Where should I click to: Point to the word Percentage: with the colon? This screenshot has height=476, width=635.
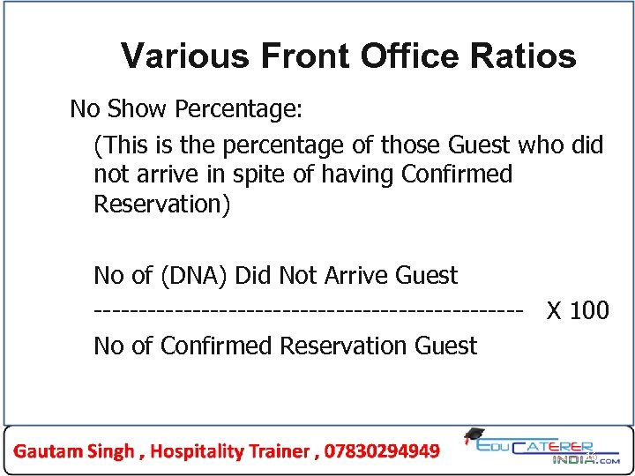(239, 110)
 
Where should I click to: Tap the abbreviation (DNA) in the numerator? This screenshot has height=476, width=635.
(192, 276)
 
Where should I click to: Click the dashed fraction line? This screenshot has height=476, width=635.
(309, 311)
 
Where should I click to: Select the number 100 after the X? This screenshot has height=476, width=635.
(590, 311)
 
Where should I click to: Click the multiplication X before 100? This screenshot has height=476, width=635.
(556, 311)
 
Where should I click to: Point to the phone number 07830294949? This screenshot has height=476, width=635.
(382, 451)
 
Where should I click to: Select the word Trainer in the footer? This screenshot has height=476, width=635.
(280, 451)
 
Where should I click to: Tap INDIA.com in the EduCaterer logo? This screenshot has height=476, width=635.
(586, 458)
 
